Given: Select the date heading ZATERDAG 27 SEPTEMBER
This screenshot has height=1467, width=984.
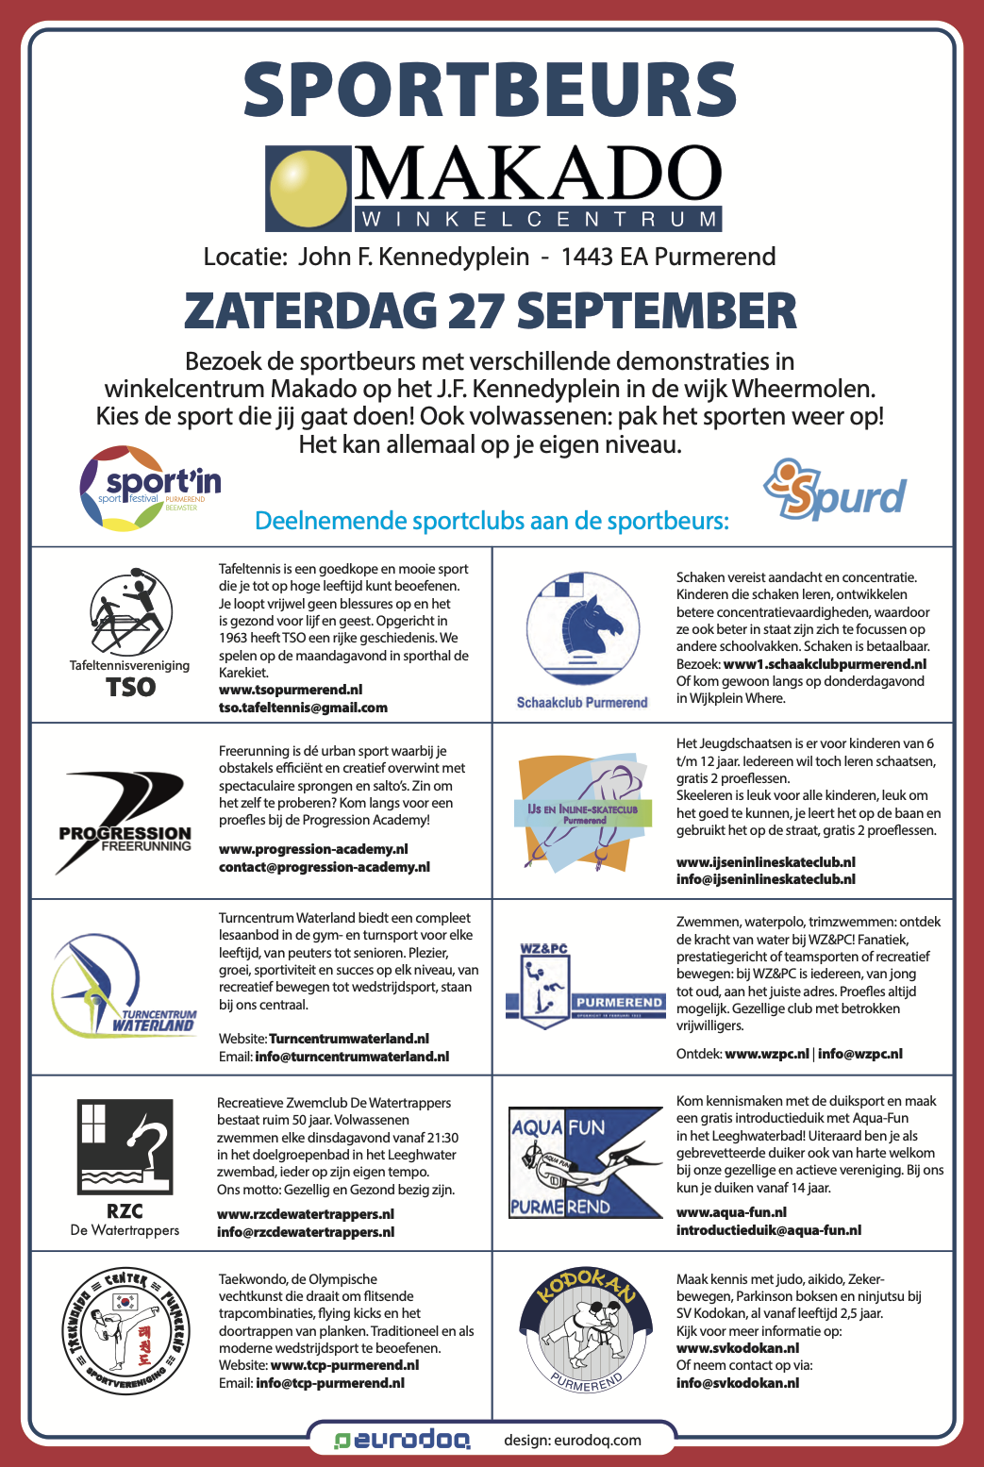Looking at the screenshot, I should pyautogui.click(x=491, y=310).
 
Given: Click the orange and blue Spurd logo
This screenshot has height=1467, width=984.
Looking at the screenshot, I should pyautogui.click(x=834, y=490).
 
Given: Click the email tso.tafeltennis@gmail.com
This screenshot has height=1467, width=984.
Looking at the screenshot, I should pyautogui.click(x=303, y=708).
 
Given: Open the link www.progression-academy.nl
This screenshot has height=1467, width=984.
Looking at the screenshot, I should pyautogui.click(x=313, y=849).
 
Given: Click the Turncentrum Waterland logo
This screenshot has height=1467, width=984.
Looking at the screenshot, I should pyautogui.click(x=123, y=986).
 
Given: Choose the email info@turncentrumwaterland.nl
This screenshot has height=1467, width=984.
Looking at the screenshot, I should pyautogui.click(x=352, y=1057).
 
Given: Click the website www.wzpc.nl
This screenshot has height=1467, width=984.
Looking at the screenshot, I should pyautogui.click(x=767, y=1054).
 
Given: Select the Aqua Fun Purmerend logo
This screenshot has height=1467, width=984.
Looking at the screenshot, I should pyautogui.click(x=585, y=1162).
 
